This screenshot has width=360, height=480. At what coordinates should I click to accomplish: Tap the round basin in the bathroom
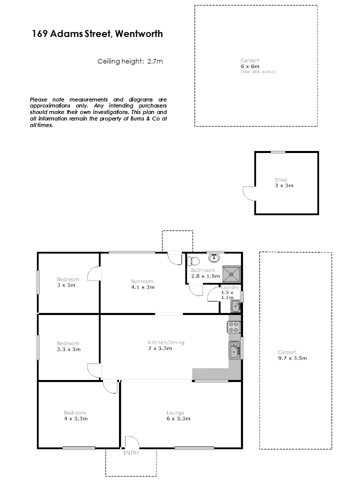coord(214,258)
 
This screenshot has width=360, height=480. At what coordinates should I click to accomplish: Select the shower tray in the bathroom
coord(231,272)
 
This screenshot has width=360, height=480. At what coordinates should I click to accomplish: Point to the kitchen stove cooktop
coord(234,327)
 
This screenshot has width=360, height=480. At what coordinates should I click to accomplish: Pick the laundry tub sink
coord(235,305)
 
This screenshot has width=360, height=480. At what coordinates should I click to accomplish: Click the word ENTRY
coord(131,453)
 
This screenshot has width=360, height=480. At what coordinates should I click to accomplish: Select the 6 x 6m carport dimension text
coord(250,66)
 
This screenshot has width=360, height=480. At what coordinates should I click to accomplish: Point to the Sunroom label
coord(142,281)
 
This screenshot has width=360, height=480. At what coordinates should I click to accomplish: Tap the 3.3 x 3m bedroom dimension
coord(68,349)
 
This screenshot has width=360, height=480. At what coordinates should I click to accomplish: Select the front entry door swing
coord(131,441)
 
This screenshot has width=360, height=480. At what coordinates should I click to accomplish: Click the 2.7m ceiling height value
coord(155,61)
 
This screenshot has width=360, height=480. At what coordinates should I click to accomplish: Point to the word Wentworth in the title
coord(139,34)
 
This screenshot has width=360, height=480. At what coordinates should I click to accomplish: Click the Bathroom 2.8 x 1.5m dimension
coord(205,276)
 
